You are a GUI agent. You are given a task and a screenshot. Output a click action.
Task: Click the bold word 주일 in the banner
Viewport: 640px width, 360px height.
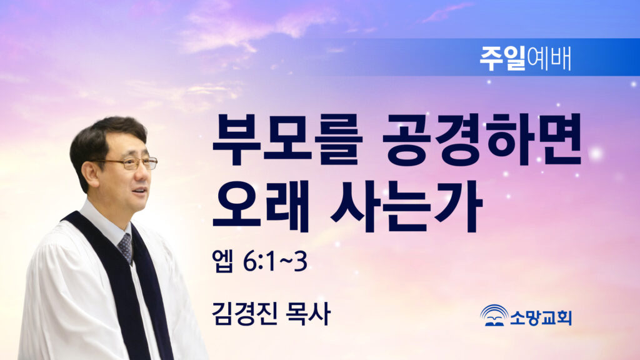click(502, 59)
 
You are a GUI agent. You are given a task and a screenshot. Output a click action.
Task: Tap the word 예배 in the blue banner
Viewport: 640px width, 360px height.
click(549, 59)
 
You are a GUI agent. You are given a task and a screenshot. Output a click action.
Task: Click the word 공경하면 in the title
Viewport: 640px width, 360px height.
click(482, 139)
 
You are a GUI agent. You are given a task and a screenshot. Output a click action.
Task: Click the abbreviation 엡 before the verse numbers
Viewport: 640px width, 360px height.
click(223, 262)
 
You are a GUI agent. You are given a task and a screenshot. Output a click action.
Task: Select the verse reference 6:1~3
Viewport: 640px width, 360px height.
click(275, 262)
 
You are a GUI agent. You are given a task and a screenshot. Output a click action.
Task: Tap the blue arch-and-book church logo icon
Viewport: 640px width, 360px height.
click(494, 315)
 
